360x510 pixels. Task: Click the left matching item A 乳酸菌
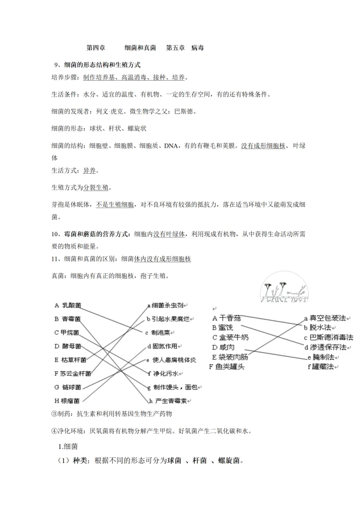tap(68, 305)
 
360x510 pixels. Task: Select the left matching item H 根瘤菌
tap(68, 400)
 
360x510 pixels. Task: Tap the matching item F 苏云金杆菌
tap(72, 373)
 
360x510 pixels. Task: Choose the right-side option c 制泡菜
tap(162, 332)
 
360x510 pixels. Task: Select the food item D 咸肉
tap(223, 347)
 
